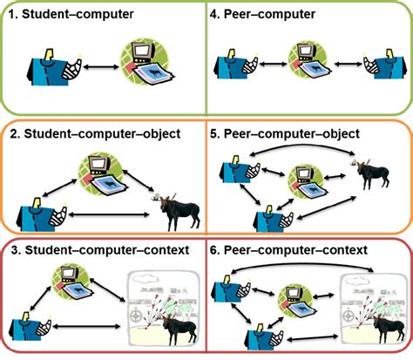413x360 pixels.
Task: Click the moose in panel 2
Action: [x=177, y=207]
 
